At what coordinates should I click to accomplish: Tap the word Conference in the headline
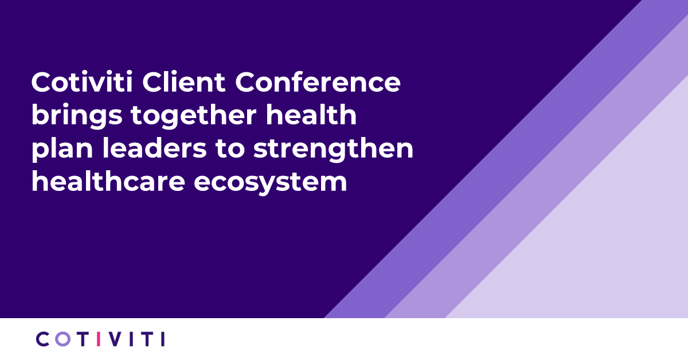point(318,83)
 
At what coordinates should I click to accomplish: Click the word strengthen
point(333,150)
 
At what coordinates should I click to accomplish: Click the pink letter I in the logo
point(99,339)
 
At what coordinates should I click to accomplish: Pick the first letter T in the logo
point(82,339)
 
